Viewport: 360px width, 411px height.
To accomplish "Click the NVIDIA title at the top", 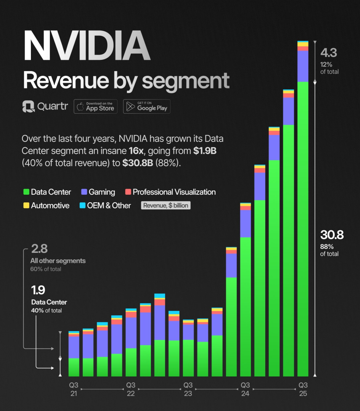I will [x=86, y=45].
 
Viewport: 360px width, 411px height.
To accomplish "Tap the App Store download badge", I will [x=96, y=106].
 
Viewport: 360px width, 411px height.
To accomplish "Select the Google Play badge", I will [x=147, y=106].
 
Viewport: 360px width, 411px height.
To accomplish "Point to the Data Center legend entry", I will [x=47, y=192].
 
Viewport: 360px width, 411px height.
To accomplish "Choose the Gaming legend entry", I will [x=98, y=192].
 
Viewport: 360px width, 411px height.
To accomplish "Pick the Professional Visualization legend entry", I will [x=170, y=192].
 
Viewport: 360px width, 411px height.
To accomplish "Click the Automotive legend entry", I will [x=46, y=205].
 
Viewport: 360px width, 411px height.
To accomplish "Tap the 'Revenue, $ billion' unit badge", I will [x=166, y=205].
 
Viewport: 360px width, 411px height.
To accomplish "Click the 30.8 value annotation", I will [x=332, y=235].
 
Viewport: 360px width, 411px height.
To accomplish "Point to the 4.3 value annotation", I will [x=328, y=53].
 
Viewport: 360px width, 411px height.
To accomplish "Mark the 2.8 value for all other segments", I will [x=39, y=248].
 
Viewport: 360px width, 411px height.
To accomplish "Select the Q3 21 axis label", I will [x=74, y=389].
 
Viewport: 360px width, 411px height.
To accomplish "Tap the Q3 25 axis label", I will [x=303, y=389].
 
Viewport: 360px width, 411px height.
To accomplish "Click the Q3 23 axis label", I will [x=188, y=389].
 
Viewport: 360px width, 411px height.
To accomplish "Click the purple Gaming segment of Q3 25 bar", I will [x=303, y=66].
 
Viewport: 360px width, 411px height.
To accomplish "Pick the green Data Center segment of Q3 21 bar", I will [x=74, y=367].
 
